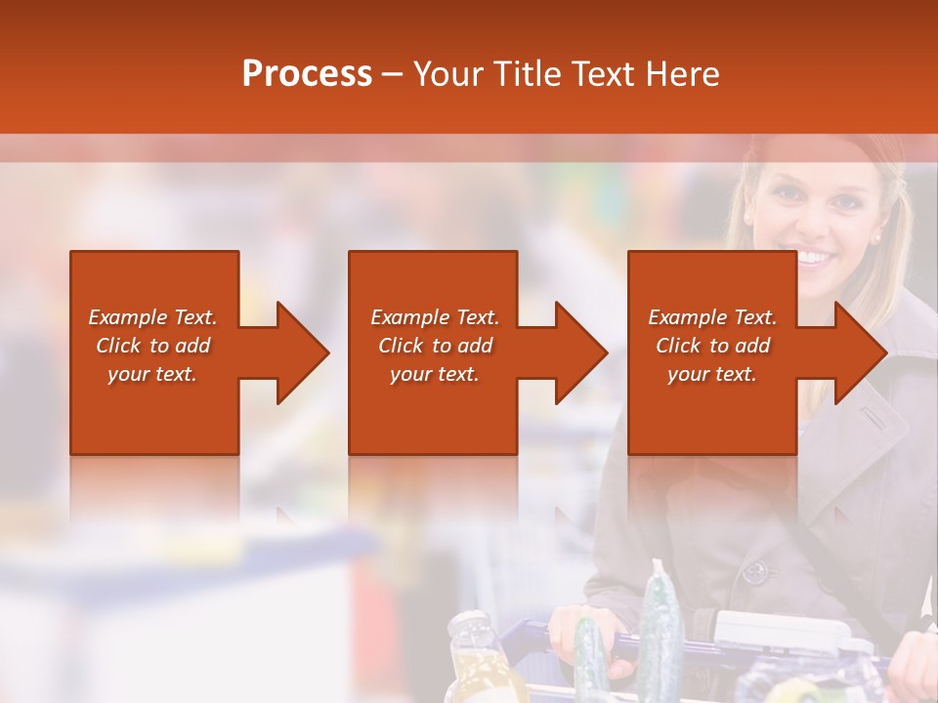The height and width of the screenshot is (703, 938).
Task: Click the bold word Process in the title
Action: (307, 74)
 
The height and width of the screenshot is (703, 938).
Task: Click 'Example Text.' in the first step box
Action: (152, 317)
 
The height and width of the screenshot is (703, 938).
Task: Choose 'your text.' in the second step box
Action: (434, 374)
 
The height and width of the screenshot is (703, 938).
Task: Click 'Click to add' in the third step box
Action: (712, 346)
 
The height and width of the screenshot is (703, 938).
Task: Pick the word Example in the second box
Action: (405, 317)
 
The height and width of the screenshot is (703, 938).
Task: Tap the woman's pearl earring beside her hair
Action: (875, 237)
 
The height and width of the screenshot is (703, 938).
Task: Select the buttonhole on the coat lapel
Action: (883, 421)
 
